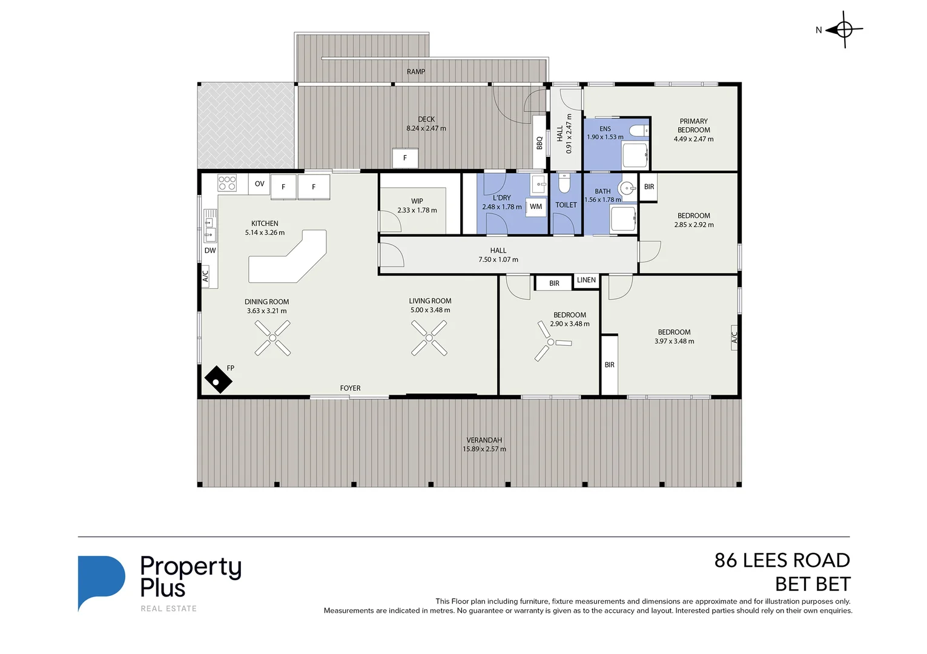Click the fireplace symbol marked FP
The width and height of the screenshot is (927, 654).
pos(218,380)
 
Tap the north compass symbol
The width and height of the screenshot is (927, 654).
pos(844,30)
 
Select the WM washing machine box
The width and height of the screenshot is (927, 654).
pos(535,206)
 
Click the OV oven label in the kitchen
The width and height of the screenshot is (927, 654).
pos(260,183)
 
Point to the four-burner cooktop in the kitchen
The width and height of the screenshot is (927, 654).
pos(227,182)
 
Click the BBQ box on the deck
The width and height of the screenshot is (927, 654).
pos(539,142)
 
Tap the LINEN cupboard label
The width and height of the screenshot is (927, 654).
pos(586,280)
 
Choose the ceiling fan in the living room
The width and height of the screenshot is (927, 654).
pos(429,338)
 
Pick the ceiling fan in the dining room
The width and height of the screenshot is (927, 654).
pos(272,338)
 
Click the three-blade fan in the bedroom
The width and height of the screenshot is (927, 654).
pos(550,342)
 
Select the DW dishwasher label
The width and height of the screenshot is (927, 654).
pos(210,251)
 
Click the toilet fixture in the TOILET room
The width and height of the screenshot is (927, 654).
pos(564,183)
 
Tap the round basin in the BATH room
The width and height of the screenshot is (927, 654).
pos(627,189)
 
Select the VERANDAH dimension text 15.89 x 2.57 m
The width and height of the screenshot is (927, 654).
pos(484,449)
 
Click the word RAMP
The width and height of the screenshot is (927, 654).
pos(416,71)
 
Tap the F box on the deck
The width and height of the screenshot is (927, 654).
pos(405,157)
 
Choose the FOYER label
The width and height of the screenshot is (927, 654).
pos(350,388)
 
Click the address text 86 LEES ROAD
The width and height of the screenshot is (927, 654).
pos(782,561)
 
